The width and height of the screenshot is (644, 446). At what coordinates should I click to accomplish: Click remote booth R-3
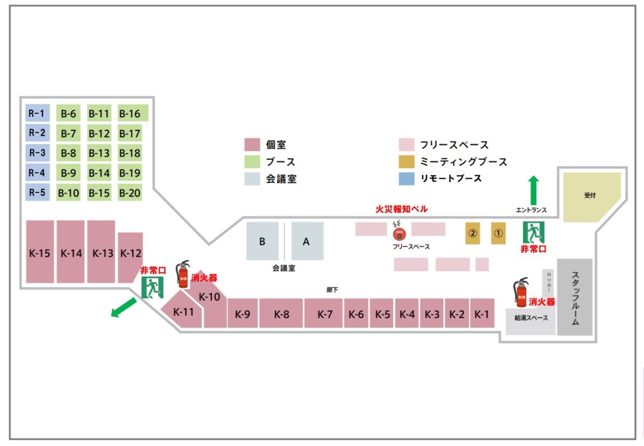37,153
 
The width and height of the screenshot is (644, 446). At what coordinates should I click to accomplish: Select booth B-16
132,113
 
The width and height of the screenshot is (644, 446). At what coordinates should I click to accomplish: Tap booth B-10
68,192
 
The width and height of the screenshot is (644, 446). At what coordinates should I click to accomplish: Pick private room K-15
40,252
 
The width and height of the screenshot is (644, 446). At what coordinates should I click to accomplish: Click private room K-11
183,312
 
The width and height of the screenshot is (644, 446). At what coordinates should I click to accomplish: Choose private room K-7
324,314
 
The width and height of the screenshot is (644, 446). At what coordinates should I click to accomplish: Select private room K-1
482,314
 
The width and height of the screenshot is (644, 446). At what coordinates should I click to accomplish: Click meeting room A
307,241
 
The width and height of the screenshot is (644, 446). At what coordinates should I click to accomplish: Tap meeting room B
262,241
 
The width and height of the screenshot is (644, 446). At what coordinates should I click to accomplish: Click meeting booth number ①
498,233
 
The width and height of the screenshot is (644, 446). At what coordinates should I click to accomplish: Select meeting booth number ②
472,233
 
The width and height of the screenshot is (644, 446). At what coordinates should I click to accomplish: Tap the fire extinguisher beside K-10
183,274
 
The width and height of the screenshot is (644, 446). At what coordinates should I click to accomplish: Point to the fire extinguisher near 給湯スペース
521,292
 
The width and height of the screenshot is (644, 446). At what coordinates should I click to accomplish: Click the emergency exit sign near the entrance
533,232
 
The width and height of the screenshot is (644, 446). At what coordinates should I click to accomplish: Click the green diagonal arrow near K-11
123,307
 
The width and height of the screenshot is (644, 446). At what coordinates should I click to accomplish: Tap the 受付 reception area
590,196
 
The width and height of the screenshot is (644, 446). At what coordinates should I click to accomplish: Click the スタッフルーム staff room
575,297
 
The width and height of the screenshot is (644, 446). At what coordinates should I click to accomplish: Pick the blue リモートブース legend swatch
406,178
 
